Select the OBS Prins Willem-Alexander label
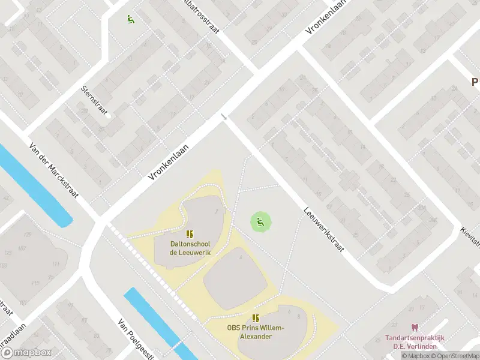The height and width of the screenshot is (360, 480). (255, 332)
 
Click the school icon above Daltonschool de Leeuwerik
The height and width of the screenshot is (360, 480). (190, 234)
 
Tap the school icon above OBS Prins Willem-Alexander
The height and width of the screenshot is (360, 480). (256, 318)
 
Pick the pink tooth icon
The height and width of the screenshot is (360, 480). (414, 327)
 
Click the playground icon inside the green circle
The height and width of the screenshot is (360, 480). (260, 221)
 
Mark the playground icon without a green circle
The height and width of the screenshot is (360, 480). (130, 19)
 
